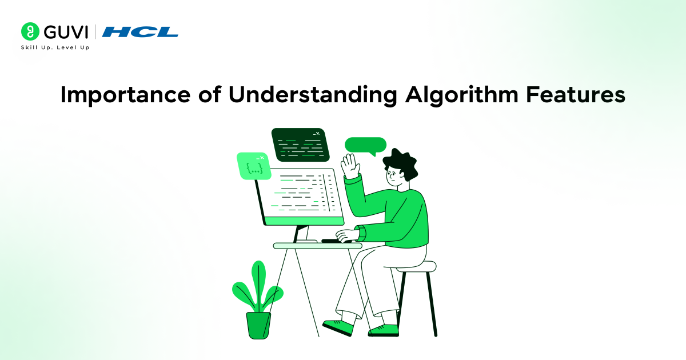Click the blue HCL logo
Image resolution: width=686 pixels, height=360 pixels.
[x=140, y=32]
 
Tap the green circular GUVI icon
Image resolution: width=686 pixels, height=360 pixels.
[x=30, y=31]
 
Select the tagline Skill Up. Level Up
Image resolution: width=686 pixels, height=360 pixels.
[x=55, y=47]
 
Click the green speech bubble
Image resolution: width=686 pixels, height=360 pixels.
[x=365, y=145]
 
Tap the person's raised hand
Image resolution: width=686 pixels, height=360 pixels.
[x=349, y=167]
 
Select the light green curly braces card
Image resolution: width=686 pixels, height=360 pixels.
[x=253, y=166]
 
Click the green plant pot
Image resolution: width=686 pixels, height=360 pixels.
[x=258, y=325]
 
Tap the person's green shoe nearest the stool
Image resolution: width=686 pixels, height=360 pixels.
[x=384, y=330]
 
